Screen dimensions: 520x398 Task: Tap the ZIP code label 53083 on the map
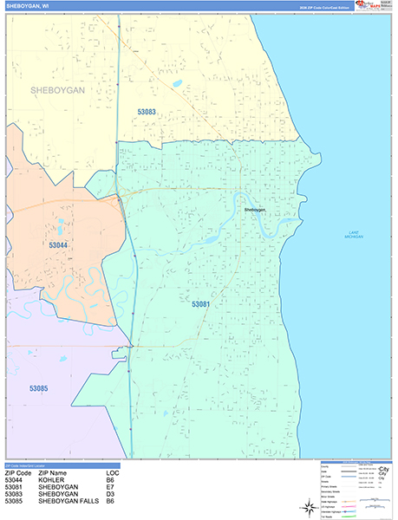(147, 112)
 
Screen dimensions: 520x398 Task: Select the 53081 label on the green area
(201, 304)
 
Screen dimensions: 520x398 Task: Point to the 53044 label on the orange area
(58, 246)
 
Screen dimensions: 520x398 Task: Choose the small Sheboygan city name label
(254, 210)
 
